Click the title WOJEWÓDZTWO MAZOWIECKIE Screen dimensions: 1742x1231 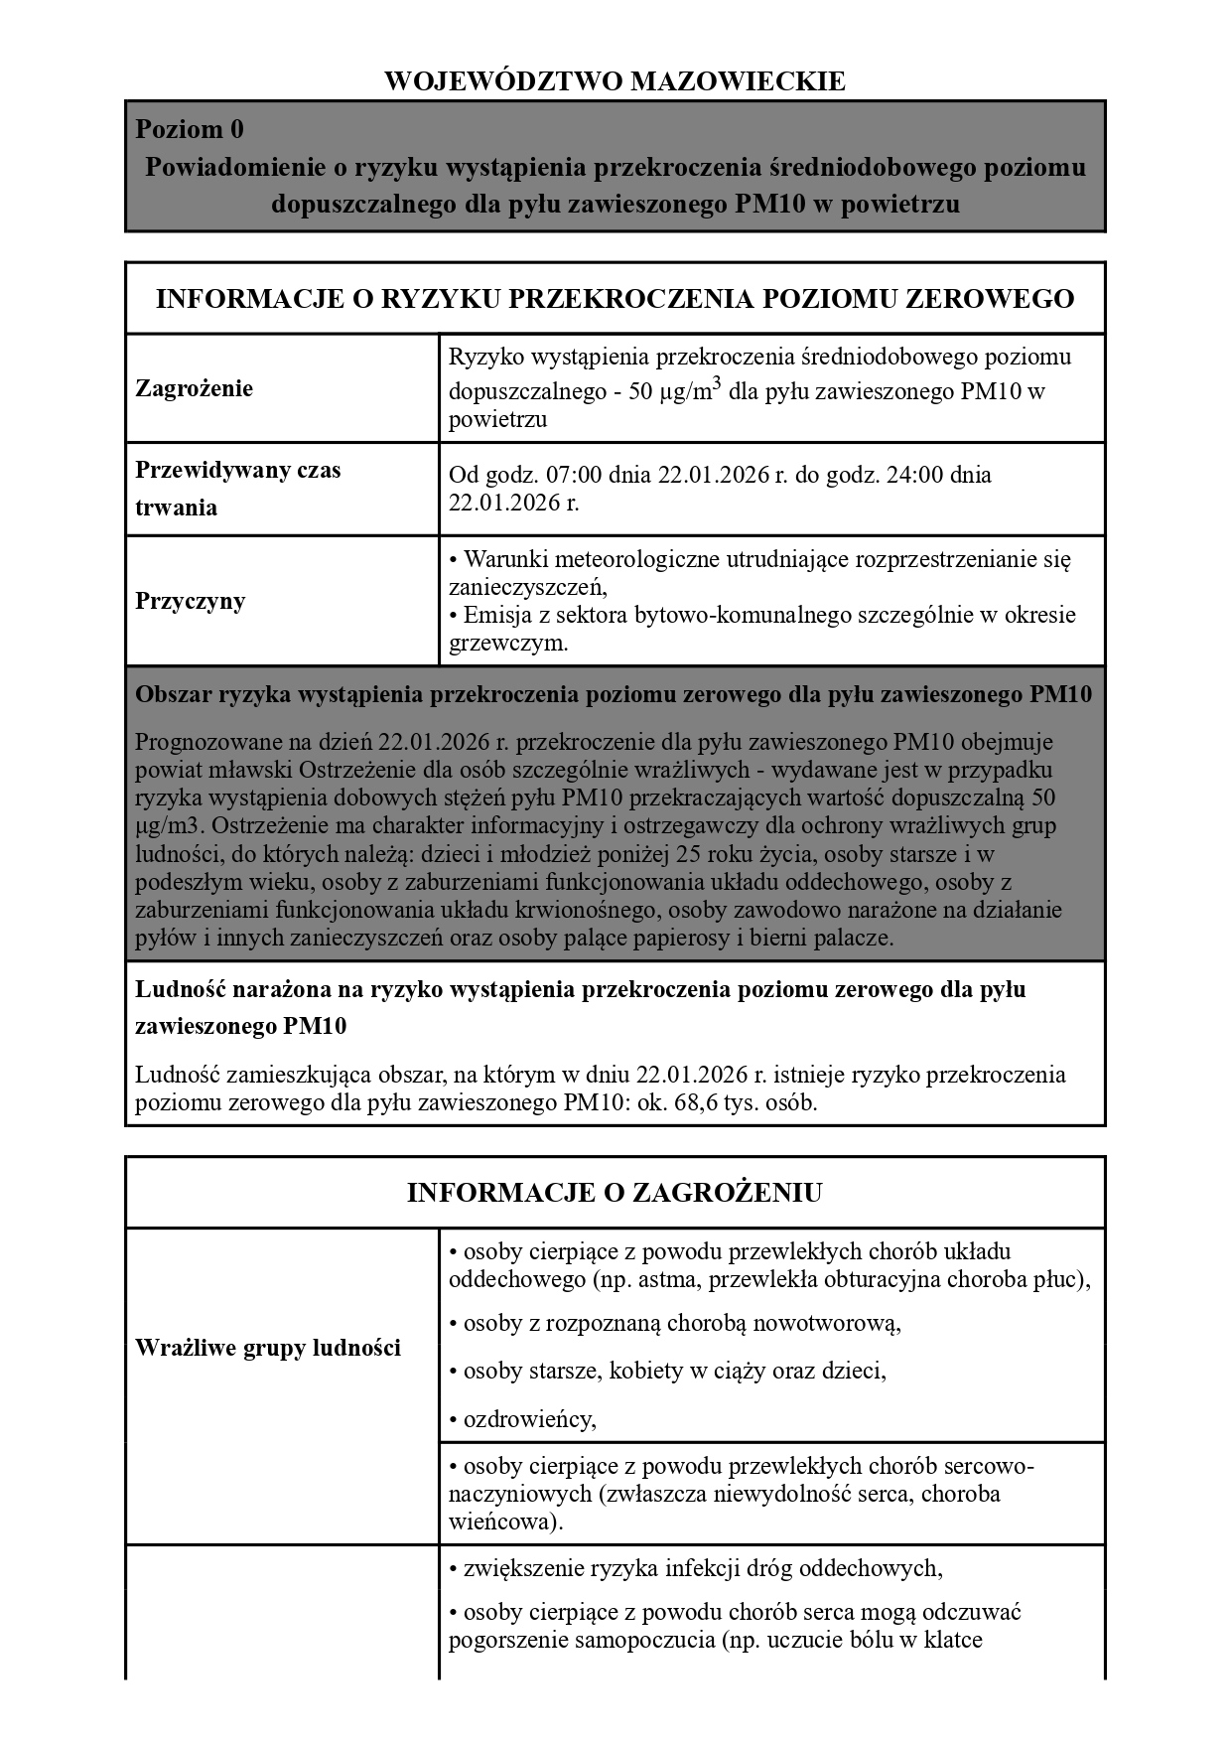pos(615,80)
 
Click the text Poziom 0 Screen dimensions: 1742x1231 pos(189,130)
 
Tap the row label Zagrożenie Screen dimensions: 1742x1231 pos(194,388)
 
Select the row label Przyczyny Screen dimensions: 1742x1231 pos(190,601)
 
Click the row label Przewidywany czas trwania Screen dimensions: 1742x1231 pos(237,488)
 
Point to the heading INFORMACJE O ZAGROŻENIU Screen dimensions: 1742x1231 pos(615,1192)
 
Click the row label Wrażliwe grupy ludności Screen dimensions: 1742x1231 pos(268,1348)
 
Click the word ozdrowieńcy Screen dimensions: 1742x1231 pos(529,1418)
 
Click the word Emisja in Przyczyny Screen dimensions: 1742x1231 pos(495,615)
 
